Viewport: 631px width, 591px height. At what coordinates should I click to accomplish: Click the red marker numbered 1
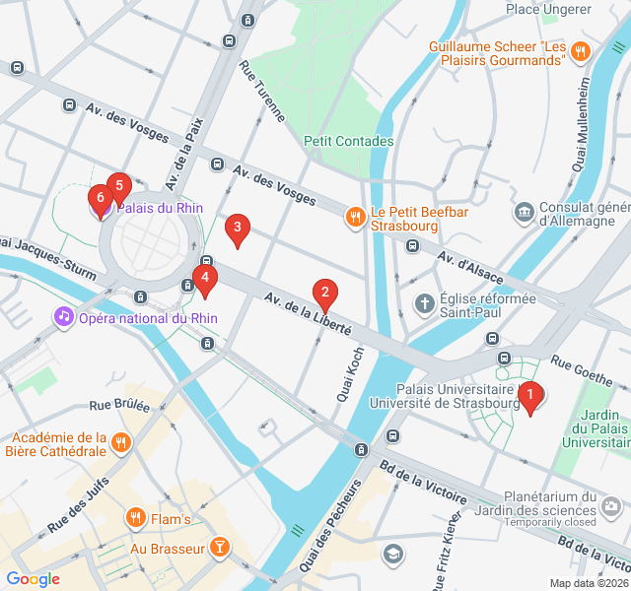[x=529, y=396]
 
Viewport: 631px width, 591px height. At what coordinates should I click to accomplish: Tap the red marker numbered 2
[x=324, y=292]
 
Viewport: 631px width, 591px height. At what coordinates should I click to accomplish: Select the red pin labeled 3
[x=237, y=229]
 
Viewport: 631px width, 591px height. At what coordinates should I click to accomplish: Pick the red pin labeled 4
[x=204, y=280]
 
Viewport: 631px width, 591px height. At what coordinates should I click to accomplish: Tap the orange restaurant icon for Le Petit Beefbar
[x=354, y=216]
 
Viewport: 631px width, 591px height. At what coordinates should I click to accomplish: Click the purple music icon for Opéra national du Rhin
[x=63, y=317]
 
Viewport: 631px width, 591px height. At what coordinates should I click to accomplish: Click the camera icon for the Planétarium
[x=612, y=506]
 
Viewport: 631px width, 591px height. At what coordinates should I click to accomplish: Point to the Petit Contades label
[x=349, y=141]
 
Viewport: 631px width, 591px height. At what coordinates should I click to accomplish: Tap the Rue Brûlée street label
[x=119, y=405]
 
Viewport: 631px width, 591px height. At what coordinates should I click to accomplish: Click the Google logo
[x=33, y=579]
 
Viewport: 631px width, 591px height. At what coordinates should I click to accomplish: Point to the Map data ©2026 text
[x=588, y=583]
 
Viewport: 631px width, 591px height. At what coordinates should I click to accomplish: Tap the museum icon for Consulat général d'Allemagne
[x=524, y=212]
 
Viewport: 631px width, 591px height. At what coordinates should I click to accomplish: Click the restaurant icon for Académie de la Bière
[x=121, y=441]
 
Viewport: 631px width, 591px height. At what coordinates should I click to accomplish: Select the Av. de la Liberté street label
[x=307, y=314]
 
